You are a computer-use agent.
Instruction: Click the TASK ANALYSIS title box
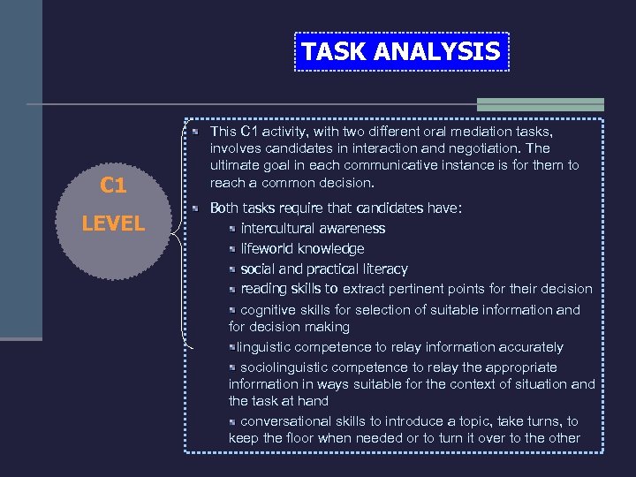coord(400,52)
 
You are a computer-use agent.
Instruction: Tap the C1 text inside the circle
coord(113,185)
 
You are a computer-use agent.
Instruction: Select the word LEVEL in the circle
coord(113,223)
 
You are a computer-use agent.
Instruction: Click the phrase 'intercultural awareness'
coord(313,229)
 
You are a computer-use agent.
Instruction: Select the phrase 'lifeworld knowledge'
coord(302,249)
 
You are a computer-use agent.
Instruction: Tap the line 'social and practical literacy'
coord(324,269)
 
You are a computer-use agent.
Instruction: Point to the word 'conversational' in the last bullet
coord(283,422)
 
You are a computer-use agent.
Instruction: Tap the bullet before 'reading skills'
coord(231,289)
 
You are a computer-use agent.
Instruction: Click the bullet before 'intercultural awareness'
coord(231,229)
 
